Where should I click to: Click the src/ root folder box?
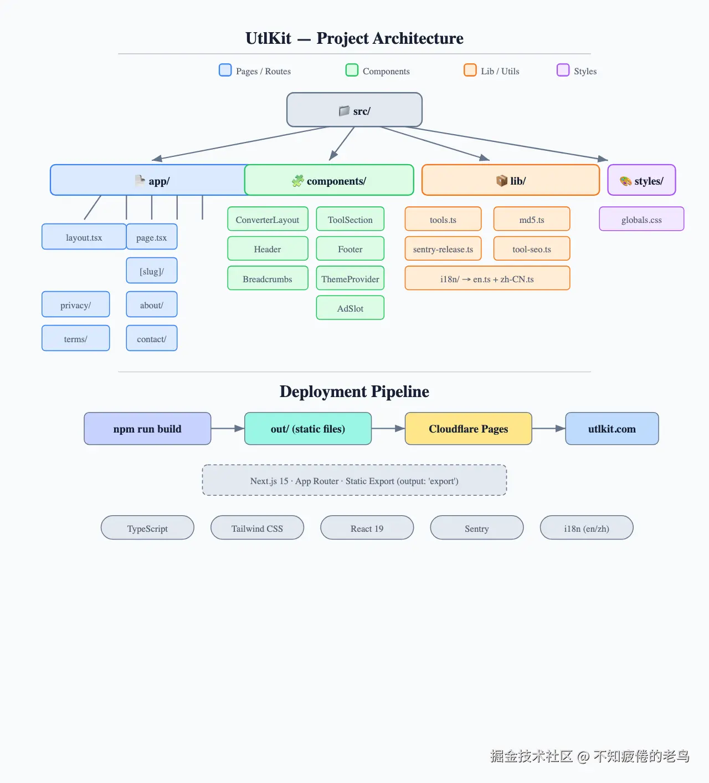point(354,110)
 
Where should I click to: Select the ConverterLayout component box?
point(268,219)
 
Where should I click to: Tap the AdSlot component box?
point(350,308)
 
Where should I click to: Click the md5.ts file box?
point(532,219)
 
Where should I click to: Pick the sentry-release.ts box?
point(443,248)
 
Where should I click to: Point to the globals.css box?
point(641,219)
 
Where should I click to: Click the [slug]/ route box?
point(152,271)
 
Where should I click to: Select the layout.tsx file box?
point(84,237)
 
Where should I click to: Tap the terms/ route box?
point(76,338)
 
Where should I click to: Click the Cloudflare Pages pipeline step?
point(469,429)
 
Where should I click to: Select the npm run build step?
point(147,429)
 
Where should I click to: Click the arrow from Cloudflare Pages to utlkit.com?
point(549,429)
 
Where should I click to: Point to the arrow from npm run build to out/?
point(228,429)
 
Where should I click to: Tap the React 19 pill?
point(367,528)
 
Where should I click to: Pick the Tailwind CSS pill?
point(257,528)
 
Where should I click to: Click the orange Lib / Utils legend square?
point(470,70)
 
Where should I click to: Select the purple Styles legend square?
point(563,70)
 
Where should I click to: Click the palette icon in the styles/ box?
point(625,181)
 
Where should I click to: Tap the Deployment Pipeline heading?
point(354,391)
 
